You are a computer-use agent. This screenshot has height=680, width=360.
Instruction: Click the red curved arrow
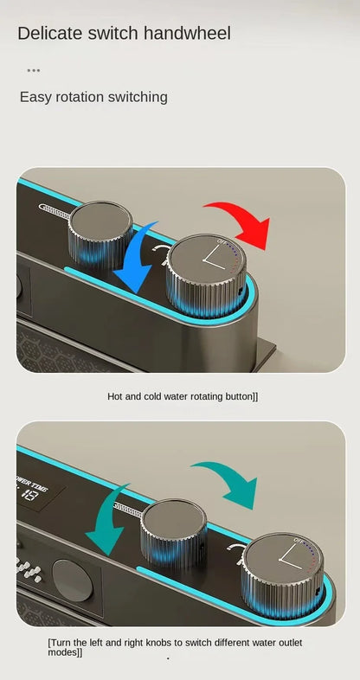tap(238, 221)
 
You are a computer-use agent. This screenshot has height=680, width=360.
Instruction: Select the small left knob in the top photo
tap(100, 232)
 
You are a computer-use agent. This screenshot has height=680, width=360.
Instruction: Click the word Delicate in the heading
tap(49, 34)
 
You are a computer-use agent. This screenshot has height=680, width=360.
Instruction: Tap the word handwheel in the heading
tap(189, 34)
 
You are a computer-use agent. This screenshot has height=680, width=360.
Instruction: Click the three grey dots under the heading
tap(34, 70)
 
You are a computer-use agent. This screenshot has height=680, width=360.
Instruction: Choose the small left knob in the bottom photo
tap(173, 529)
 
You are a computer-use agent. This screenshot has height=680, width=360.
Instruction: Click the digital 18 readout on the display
tap(28, 495)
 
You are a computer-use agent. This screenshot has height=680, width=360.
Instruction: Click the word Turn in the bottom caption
tap(63, 643)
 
